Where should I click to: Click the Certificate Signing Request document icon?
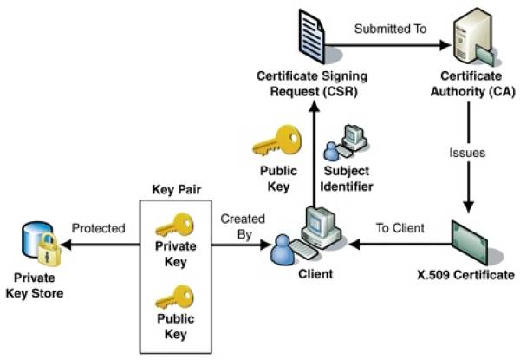[x=312, y=36]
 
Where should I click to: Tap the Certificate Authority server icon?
[x=472, y=37]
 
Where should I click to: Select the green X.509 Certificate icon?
[x=469, y=243]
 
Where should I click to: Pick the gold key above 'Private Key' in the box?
[x=175, y=225]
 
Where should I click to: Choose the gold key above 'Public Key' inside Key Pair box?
[x=175, y=297]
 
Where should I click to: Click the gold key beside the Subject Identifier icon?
[x=278, y=141]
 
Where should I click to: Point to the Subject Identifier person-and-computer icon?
[x=346, y=142]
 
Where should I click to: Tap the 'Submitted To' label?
[x=390, y=29]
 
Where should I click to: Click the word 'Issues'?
[x=467, y=153]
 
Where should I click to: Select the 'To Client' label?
[x=400, y=228]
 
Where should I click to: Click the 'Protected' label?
[x=99, y=228]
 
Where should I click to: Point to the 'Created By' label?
[x=243, y=226]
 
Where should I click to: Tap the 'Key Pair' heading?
[x=177, y=189]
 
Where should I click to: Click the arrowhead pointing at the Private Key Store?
[x=66, y=245]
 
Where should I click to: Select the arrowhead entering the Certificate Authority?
[x=445, y=45]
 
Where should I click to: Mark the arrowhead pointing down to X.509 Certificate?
[x=468, y=206]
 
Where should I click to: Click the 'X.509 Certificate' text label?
[x=465, y=275]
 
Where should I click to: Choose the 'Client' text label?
[x=315, y=274]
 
